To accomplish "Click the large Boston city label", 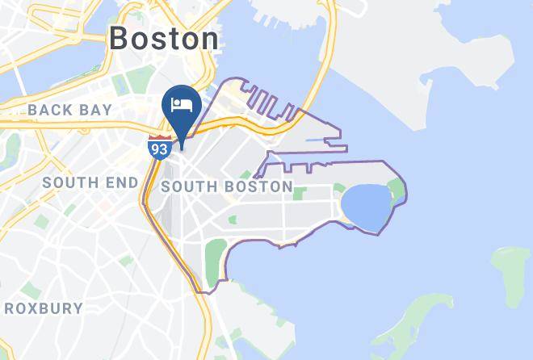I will tap(164, 38).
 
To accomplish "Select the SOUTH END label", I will tap(90, 182).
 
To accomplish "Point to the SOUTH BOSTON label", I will tap(227, 186).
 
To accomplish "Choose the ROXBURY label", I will tap(44, 308).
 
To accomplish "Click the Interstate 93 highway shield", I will tap(158, 147).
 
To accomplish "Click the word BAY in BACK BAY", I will tap(99, 109).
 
